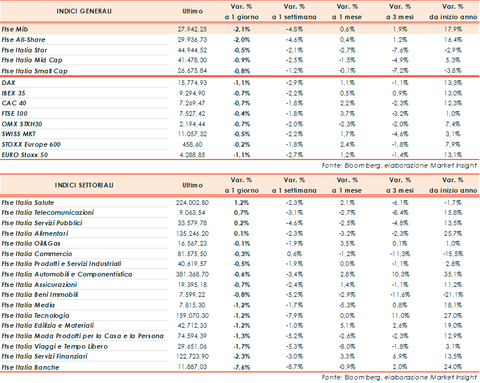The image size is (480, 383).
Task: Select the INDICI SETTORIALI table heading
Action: click(x=84, y=185)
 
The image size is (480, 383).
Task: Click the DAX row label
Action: click(x=9, y=83)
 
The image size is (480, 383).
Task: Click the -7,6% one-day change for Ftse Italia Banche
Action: click(x=242, y=367)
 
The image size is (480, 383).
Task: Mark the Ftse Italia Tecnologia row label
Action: click(x=35, y=315)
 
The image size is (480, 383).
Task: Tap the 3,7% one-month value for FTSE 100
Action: click(x=347, y=114)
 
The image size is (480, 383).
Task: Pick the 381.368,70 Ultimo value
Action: click(x=192, y=274)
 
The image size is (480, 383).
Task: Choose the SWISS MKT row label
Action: click(x=19, y=134)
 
